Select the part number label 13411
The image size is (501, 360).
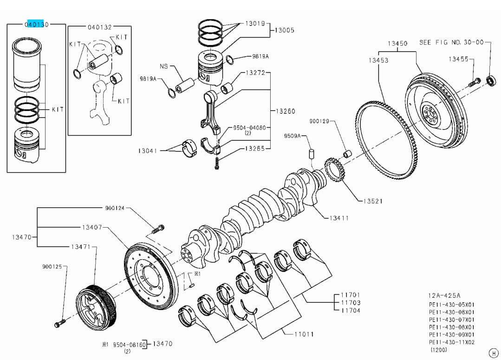339,218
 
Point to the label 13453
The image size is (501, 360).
378,60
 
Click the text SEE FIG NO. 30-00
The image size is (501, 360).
451,42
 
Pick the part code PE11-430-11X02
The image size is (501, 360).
451,342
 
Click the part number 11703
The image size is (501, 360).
351,303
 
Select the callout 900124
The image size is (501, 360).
115,208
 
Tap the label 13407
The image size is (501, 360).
92,227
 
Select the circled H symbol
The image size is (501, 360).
493,353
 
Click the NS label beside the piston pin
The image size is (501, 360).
163,66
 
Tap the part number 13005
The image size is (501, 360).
284,30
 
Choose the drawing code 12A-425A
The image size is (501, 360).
444,295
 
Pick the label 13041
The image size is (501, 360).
148,151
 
